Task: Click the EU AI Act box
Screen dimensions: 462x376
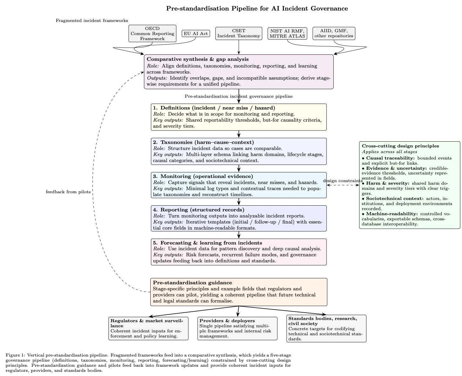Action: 196,33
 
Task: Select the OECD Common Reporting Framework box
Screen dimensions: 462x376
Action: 152,33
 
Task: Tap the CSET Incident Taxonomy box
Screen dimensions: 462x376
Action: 239,33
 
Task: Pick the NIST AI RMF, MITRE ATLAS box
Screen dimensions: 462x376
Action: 287,33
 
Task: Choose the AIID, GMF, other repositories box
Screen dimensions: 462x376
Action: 334,33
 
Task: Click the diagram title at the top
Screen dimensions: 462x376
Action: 257,9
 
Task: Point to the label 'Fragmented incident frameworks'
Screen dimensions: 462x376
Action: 92,21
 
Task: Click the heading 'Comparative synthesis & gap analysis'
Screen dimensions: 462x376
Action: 198,59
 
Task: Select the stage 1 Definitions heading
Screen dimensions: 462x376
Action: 214,108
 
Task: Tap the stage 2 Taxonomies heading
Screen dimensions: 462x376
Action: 203,142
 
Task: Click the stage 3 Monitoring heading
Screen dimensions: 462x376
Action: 203,176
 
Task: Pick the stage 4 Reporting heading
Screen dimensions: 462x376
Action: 199,210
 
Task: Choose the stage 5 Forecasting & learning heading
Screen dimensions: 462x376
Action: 207,243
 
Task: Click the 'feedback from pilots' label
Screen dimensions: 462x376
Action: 68,192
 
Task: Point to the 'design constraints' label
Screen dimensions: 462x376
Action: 343,181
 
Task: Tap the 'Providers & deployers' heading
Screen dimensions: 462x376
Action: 227,321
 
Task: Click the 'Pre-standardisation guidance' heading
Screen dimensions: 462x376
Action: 192,283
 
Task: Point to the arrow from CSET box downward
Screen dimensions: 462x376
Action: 239,47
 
